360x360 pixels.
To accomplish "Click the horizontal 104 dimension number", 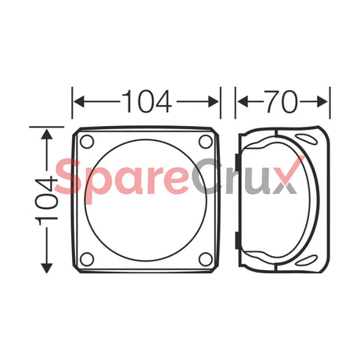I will [146, 101].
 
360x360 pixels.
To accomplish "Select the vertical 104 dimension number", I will [46, 200].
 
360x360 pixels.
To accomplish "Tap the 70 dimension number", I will [283, 101].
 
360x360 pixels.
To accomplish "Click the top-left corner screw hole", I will [87, 142].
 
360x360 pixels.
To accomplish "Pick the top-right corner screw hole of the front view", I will [206, 142].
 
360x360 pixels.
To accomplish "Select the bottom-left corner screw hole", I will [87, 258].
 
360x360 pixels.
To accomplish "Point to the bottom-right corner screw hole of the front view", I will [206, 258].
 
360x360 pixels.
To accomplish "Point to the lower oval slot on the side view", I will [308, 260].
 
